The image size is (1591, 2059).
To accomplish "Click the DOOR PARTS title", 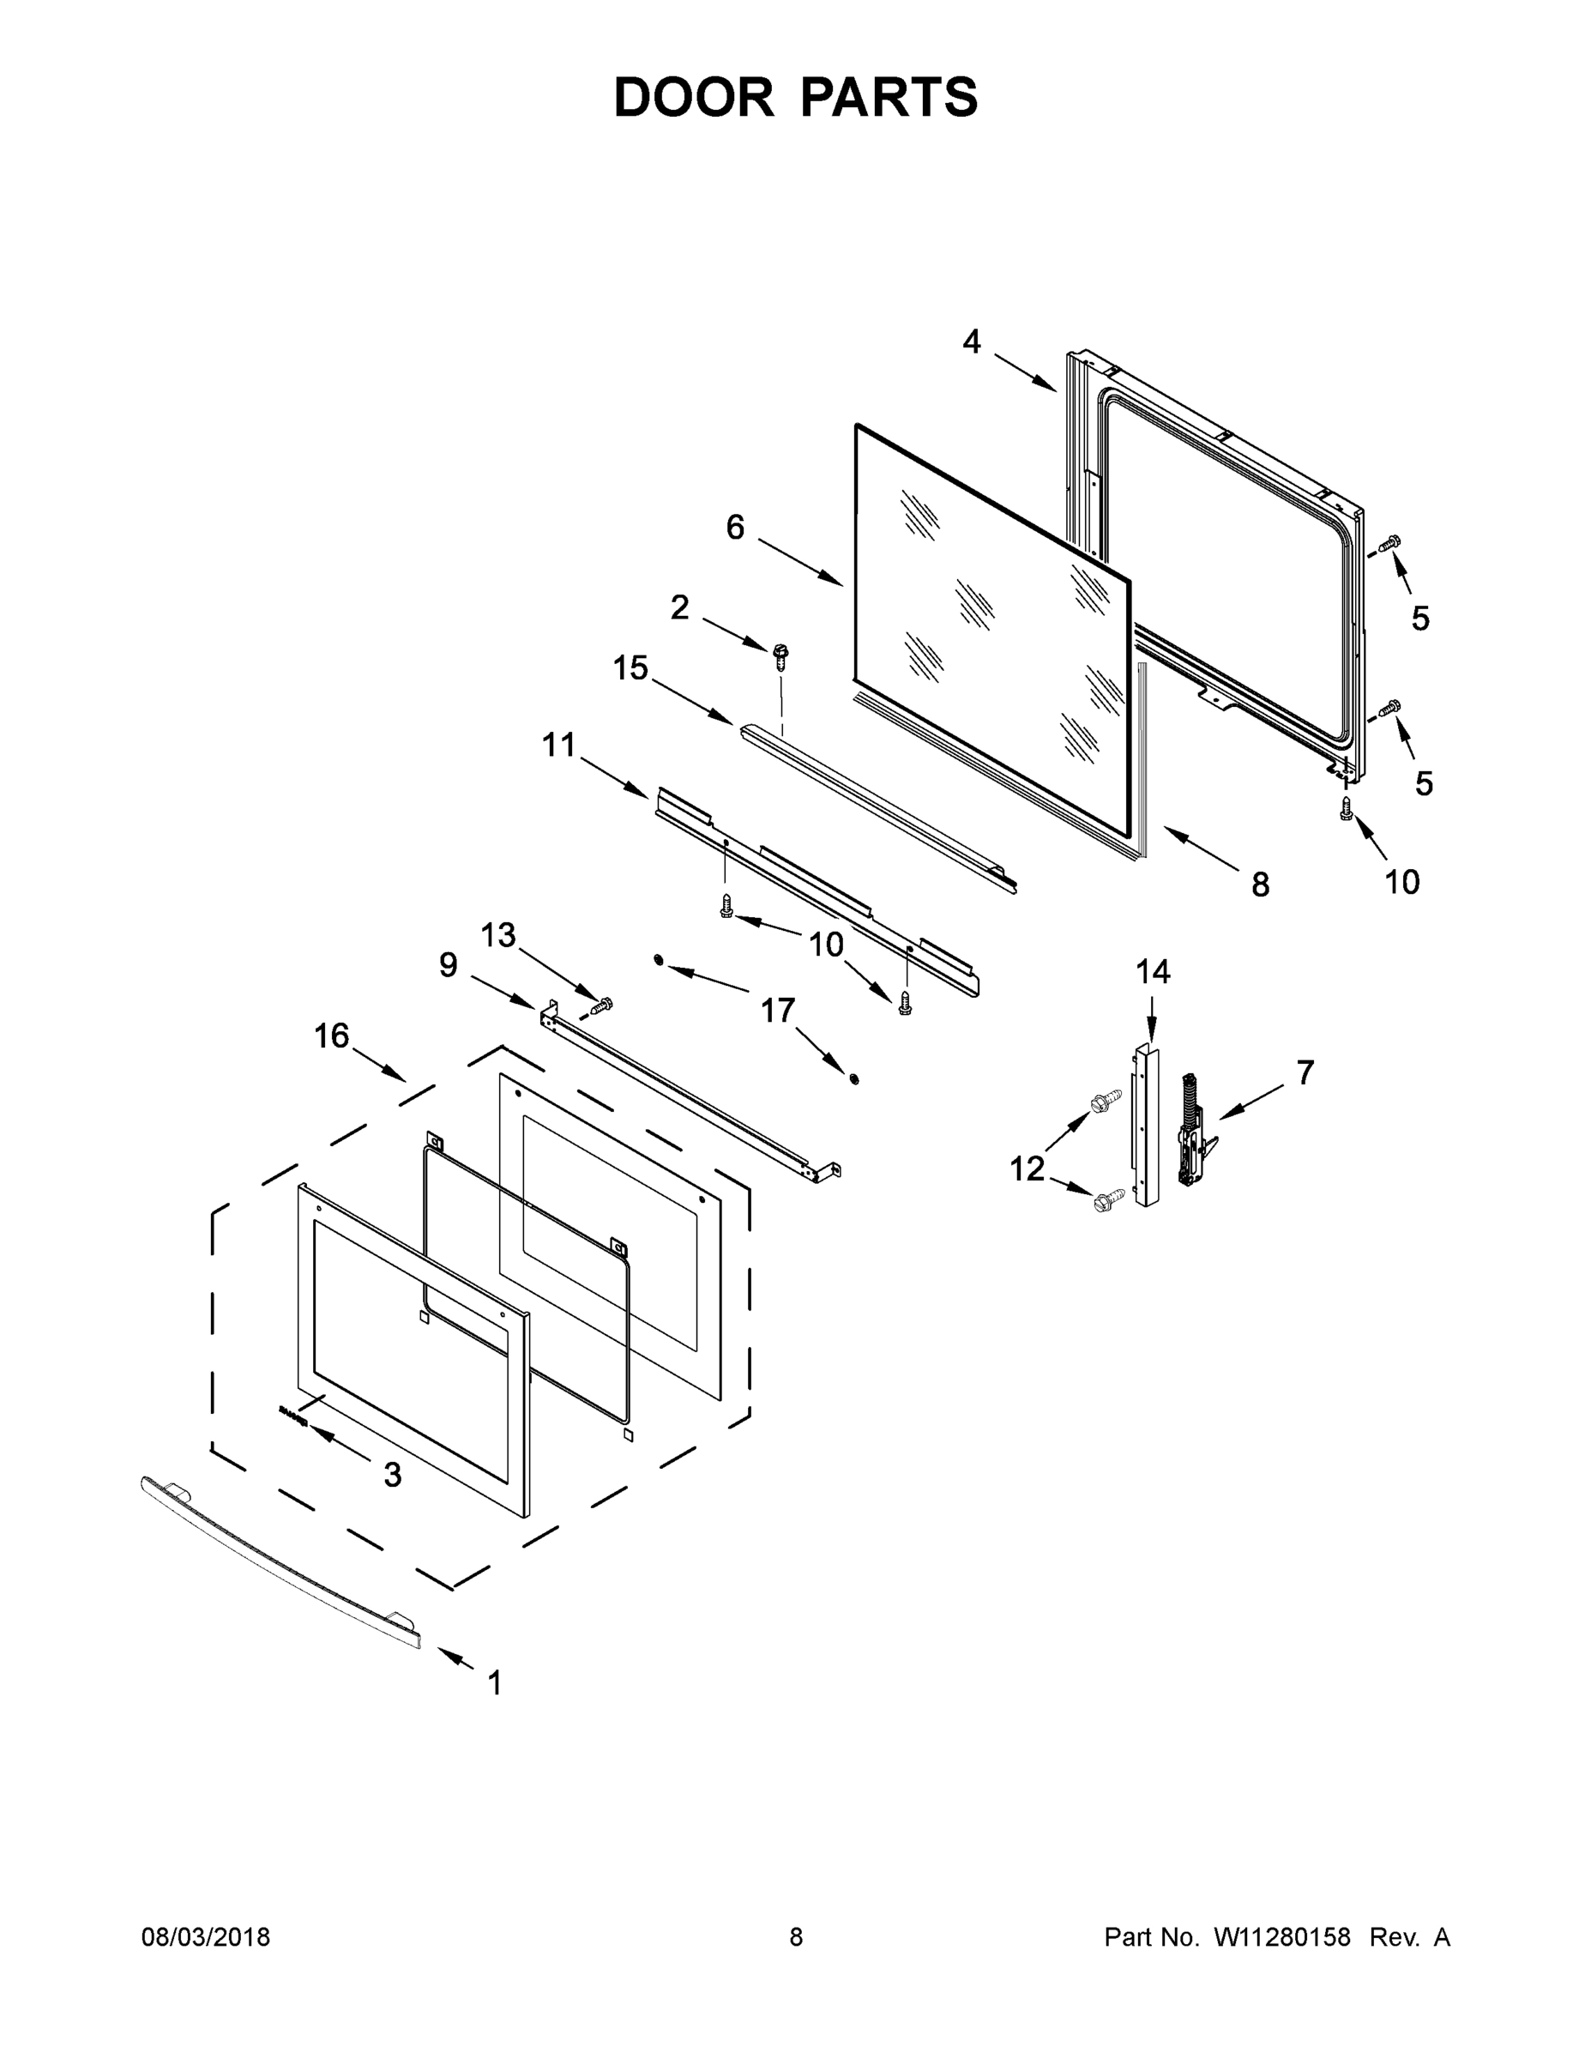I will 796,97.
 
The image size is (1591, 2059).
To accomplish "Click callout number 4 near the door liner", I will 972,341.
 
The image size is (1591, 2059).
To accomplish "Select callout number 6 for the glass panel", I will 735,527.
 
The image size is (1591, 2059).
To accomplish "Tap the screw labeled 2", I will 780,655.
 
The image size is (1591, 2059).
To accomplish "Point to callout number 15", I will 630,668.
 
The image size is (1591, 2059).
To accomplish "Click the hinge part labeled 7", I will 1194,1129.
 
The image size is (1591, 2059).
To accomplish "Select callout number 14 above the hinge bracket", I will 1153,971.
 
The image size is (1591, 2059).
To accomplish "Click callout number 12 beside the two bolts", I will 1028,1169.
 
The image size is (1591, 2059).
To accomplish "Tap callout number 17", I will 778,1011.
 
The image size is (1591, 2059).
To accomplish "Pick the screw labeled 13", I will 601,1006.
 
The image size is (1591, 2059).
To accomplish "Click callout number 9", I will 449,964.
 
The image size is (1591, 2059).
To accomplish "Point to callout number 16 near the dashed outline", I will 332,1036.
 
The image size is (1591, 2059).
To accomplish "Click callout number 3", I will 392,1475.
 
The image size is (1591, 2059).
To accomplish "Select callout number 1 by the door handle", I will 495,1683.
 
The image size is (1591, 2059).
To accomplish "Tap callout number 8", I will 1260,885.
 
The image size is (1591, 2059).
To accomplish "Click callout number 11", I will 559,745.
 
